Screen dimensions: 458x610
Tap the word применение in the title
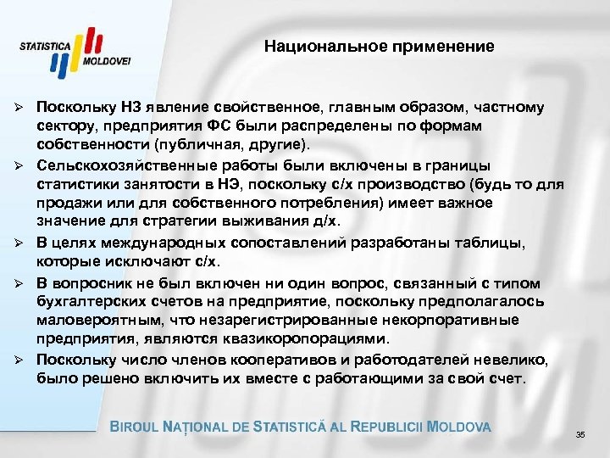tap(450, 46)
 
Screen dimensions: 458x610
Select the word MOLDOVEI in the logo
tap(108, 63)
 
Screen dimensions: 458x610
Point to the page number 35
tap(580, 435)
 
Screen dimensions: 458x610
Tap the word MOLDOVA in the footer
tap(460, 427)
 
